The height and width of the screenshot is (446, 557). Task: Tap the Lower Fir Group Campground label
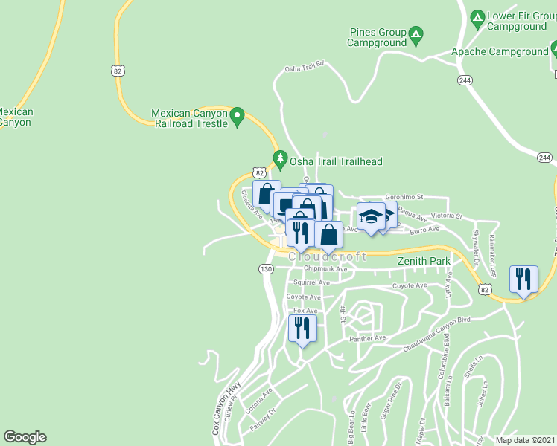pyautogui.click(x=517, y=21)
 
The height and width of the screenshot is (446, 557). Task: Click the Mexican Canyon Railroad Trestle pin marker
pyautogui.click(x=238, y=115)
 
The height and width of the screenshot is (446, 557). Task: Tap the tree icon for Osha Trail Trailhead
pyautogui.click(x=280, y=158)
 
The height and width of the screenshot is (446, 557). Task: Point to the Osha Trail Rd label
pyautogui.click(x=305, y=68)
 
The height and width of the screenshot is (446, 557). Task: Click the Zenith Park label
pyautogui.click(x=424, y=262)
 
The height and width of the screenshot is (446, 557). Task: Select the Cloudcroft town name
pyautogui.click(x=328, y=256)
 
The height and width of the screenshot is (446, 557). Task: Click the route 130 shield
pyautogui.click(x=266, y=268)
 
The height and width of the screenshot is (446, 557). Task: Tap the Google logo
pyautogui.click(x=25, y=437)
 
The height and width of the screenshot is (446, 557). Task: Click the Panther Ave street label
pyautogui.click(x=369, y=338)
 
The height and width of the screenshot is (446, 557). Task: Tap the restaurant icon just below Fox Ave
pyautogui.click(x=302, y=328)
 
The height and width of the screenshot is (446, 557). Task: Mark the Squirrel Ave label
pyautogui.click(x=311, y=283)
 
